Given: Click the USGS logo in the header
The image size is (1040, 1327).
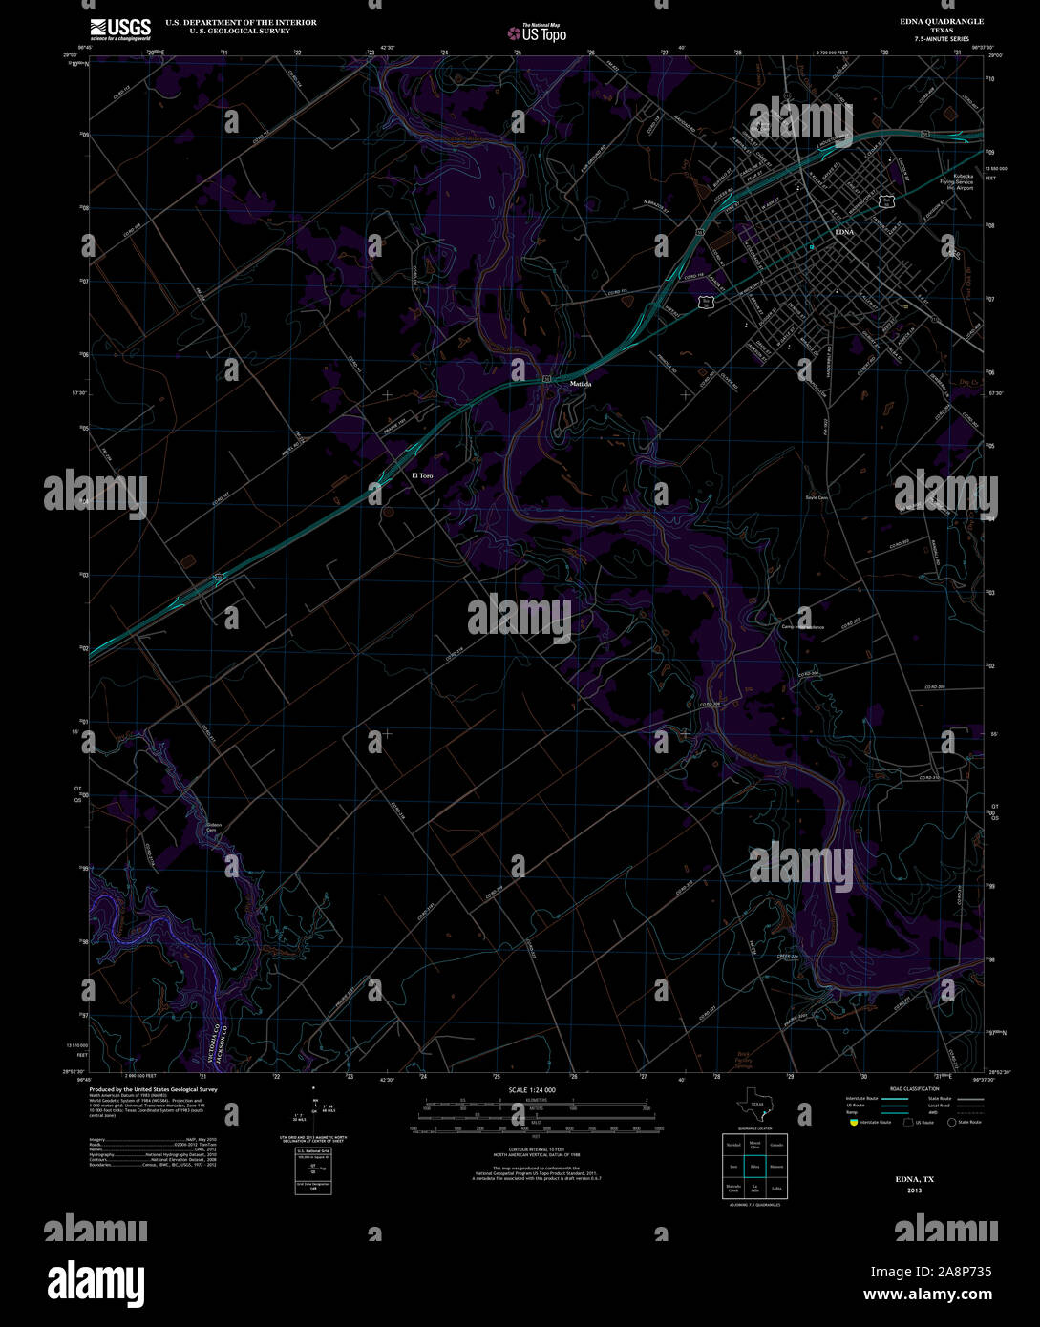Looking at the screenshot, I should coord(120,29).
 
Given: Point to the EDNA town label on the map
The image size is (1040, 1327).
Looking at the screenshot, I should coord(844,232).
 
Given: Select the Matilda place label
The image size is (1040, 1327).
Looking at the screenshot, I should coord(581,384).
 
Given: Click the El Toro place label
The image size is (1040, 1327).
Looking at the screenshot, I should coord(422,474).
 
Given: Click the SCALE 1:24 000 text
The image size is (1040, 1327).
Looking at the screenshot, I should coord(533,1089).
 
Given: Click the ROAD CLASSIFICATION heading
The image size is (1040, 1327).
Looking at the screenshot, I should coord(914,1088).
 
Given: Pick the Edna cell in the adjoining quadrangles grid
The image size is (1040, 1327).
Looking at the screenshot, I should coord(755,1166).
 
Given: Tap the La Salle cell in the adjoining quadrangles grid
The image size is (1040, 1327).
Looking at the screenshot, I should coord(755,1190).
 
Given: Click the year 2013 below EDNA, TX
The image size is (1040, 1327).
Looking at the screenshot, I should coord(914,1190).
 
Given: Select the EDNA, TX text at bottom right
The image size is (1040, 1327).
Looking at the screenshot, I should coord(914,1180).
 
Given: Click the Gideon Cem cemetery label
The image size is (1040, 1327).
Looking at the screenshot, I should coord(213,826).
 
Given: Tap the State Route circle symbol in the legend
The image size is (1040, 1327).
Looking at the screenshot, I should coord(951,1122).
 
